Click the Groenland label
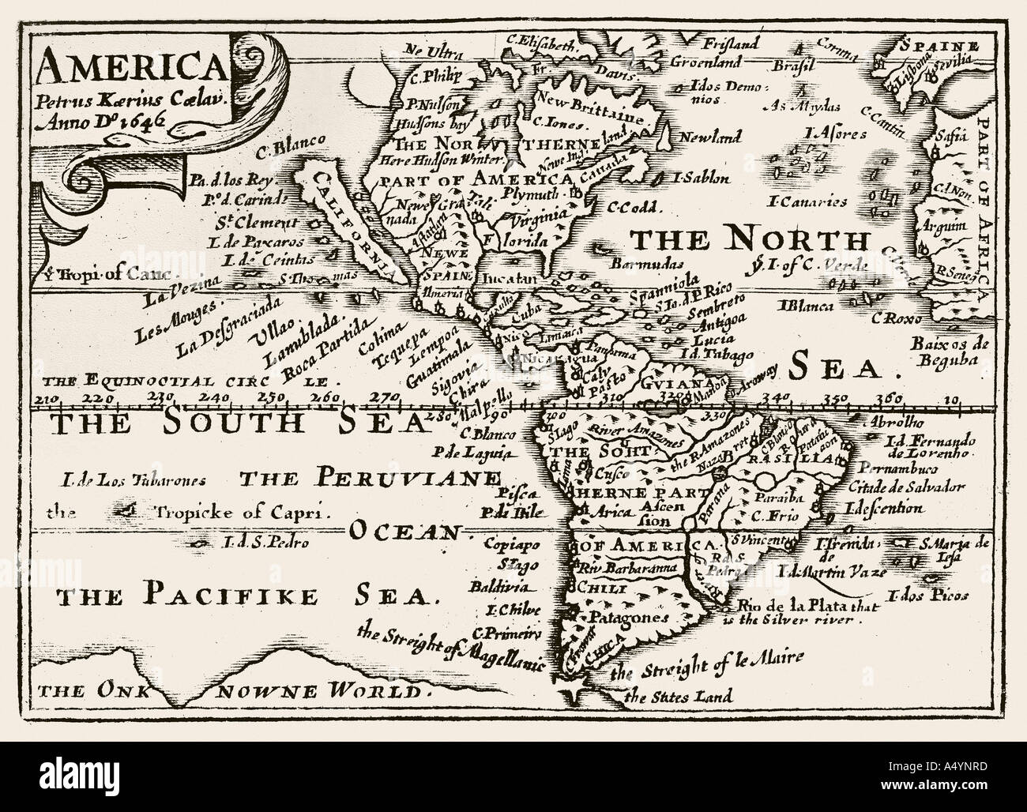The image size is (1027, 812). tap(705, 61)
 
